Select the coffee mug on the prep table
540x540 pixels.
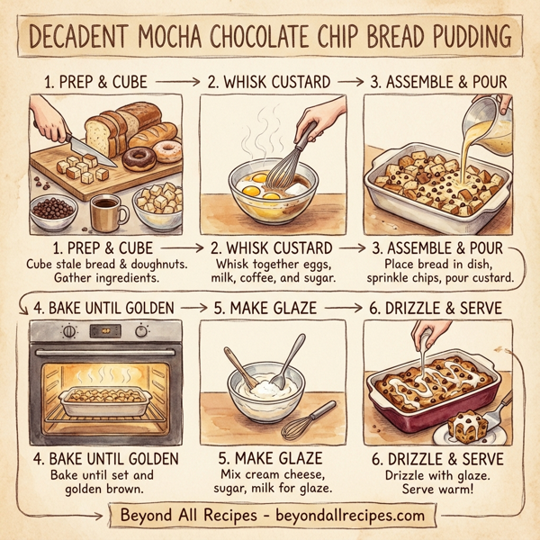pyautogui.click(x=105, y=211)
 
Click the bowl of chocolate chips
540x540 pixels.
pyautogui.click(x=52, y=213)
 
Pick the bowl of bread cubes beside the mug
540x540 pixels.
pyautogui.click(x=157, y=206)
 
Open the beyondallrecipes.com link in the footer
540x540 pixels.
pyautogui.click(x=348, y=516)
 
